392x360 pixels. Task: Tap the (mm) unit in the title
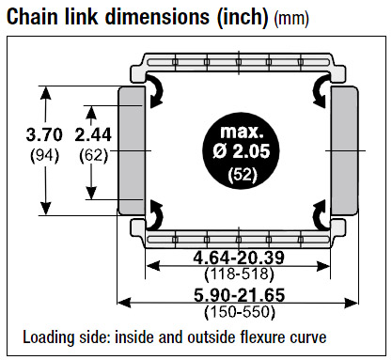point(291,19)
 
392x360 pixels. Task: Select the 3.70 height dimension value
point(44,135)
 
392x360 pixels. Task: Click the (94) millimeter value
point(44,155)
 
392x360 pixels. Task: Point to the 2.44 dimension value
point(93,135)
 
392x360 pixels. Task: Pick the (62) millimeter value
point(93,155)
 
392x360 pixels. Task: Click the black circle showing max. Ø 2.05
point(241,150)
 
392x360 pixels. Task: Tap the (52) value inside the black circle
point(243,174)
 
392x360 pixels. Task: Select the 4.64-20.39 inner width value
point(239,258)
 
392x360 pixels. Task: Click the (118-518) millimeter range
point(239,274)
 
